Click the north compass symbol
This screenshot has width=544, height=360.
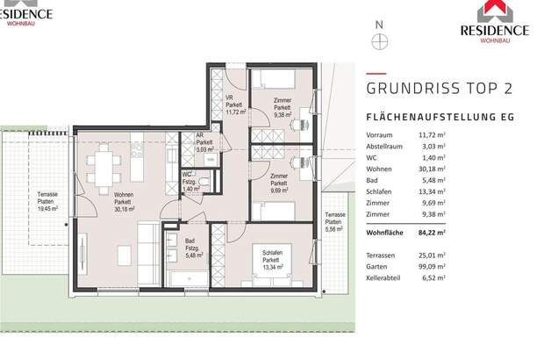pos(379,40)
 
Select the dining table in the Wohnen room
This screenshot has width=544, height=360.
pos(106,165)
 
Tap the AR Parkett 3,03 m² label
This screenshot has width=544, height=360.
pos(204,142)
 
